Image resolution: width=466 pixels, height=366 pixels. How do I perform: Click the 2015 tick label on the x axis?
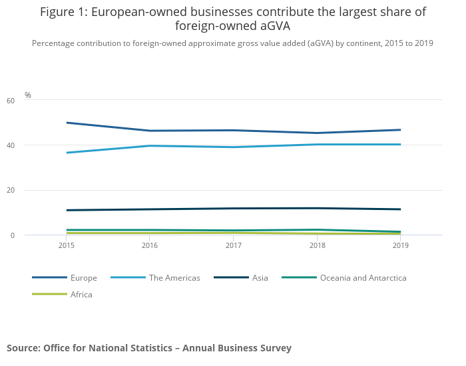[66, 246]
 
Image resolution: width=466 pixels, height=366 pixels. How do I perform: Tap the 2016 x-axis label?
[150, 246]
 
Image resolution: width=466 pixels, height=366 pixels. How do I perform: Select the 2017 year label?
[234, 246]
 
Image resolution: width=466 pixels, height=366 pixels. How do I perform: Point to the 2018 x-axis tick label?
[318, 246]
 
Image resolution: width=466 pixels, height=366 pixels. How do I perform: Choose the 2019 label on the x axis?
[401, 246]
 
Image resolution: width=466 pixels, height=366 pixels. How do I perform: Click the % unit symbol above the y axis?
[28, 95]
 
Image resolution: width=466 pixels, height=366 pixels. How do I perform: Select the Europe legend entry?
[84, 278]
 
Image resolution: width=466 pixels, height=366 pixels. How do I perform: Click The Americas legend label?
[174, 278]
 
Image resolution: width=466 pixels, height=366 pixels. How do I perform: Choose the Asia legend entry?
[260, 278]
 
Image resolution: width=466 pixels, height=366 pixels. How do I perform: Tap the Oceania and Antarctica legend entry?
[363, 278]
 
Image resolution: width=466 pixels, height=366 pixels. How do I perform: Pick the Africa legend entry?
[81, 295]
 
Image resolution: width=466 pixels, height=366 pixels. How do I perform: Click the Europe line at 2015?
[67, 123]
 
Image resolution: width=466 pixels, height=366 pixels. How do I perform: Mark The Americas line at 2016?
[150, 146]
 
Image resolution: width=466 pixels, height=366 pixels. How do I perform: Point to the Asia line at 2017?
[234, 208]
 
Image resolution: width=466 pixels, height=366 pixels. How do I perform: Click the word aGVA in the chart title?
[274, 26]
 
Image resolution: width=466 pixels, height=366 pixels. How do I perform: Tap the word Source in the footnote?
[23, 348]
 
